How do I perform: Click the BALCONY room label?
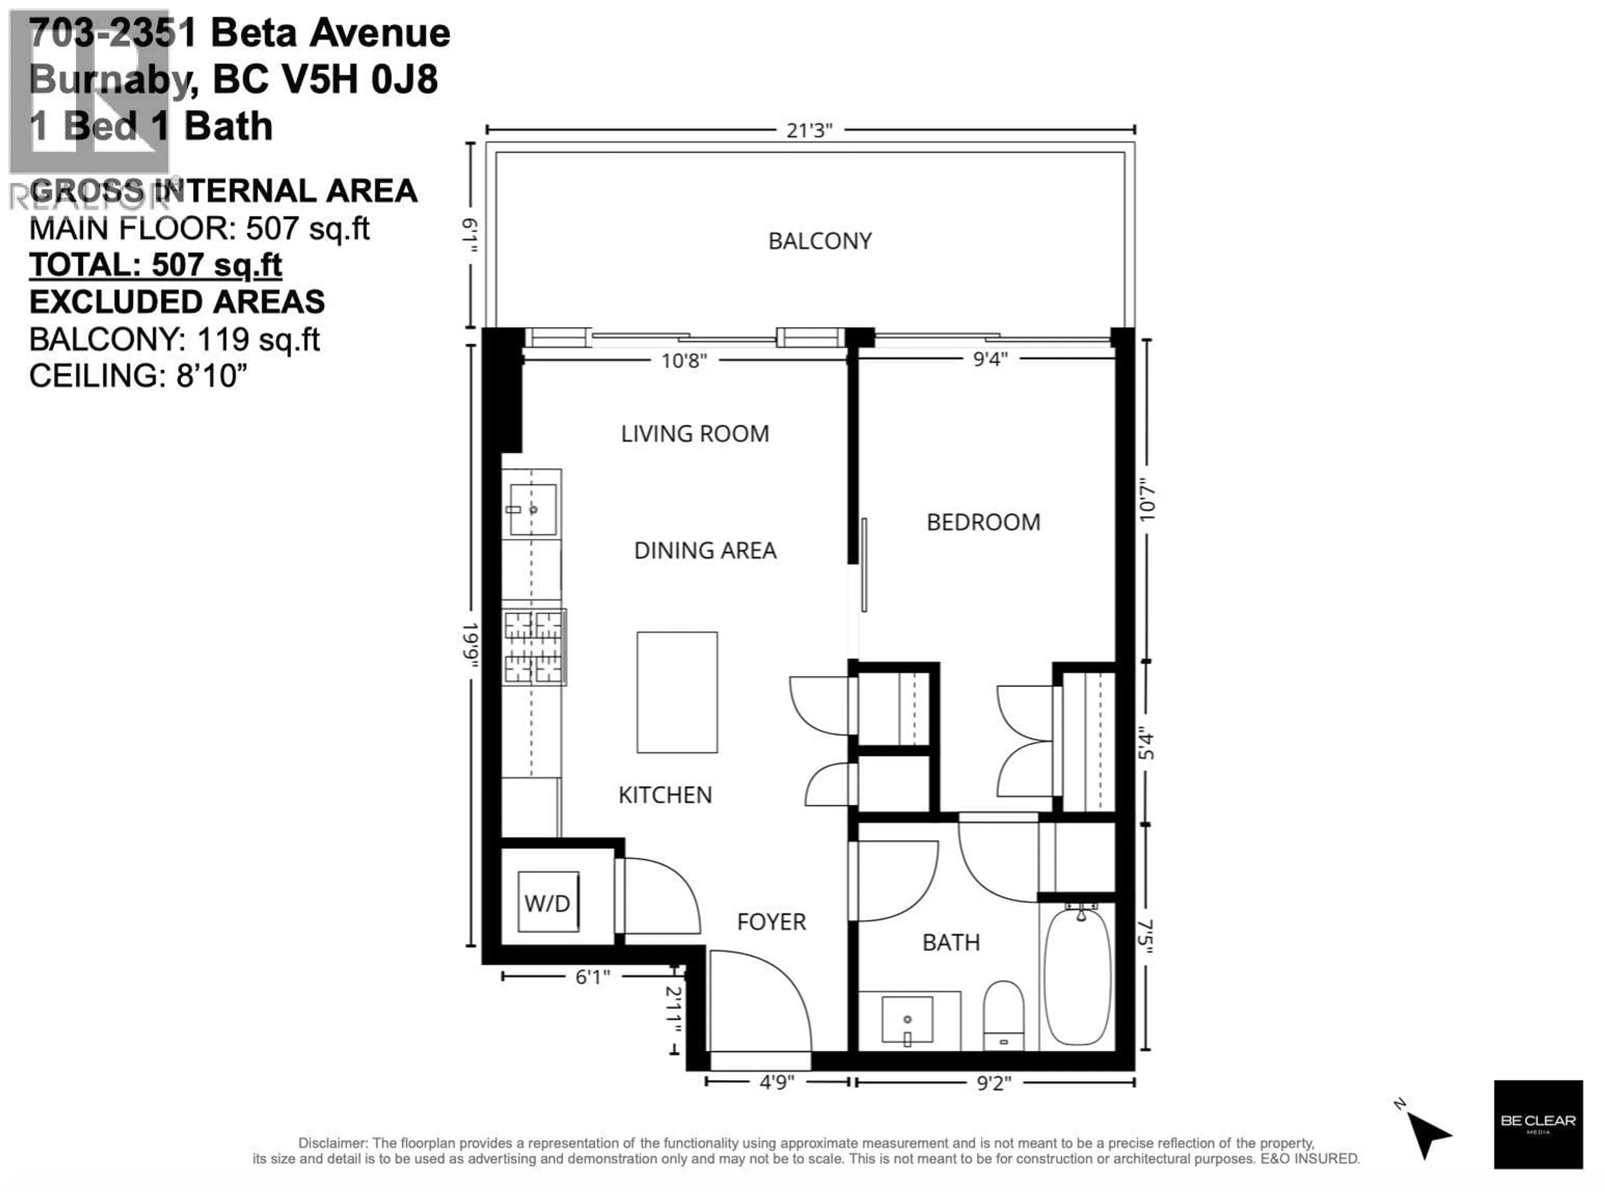(820, 241)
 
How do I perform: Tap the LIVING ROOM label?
(695, 434)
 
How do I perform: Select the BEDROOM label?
(983, 522)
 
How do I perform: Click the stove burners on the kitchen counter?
(534, 646)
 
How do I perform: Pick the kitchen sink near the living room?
(533, 509)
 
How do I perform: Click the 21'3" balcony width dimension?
(809, 130)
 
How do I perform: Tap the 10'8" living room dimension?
(684, 360)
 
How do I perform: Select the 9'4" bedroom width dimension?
(990, 359)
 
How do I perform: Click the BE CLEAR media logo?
(1538, 1124)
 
